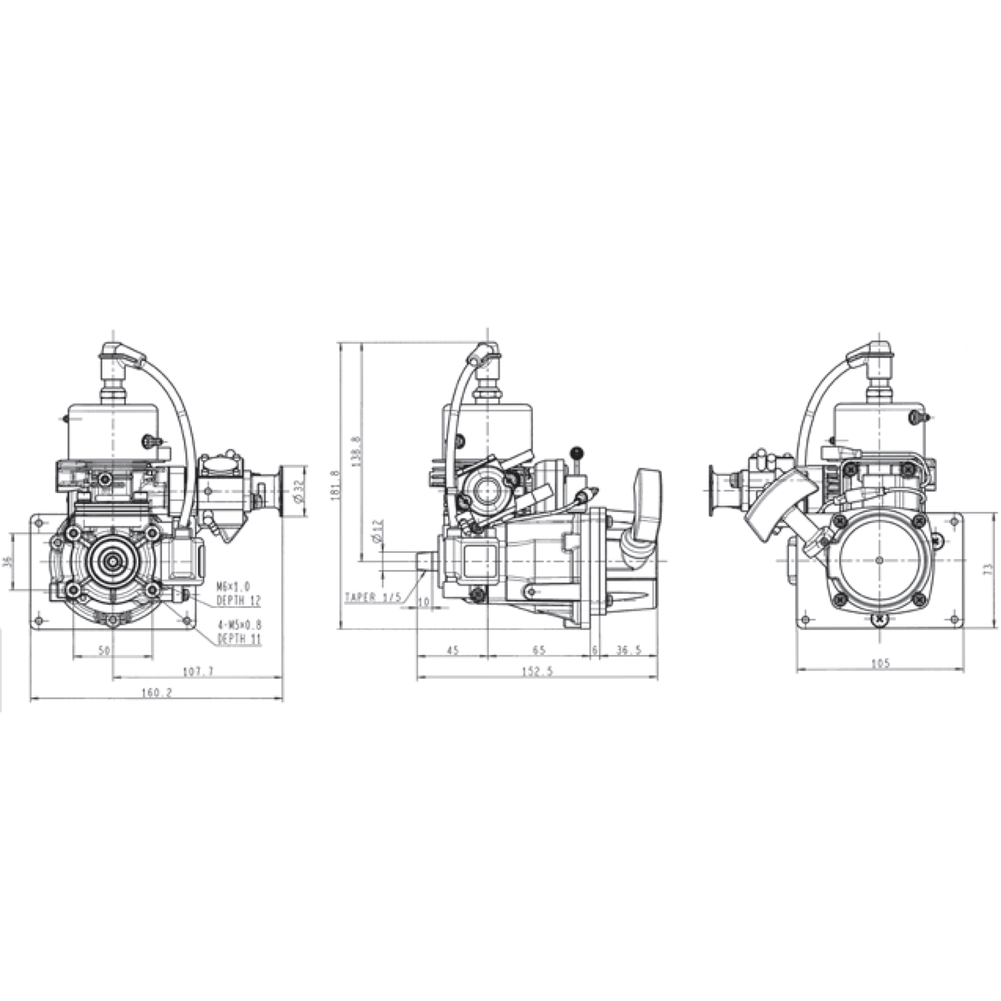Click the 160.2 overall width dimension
click(x=157, y=692)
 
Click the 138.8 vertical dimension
click(x=356, y=452)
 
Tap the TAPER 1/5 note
click(x=373, y=597)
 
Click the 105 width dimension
click(x=880, y=663)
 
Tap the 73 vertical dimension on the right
click(x=988, y=571)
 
